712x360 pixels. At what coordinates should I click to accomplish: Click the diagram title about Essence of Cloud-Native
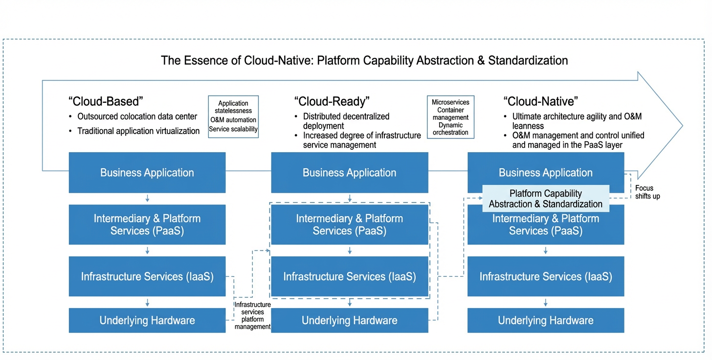pyautogui.click(x=364, y=61)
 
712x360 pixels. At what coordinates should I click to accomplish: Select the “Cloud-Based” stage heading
pyautogui.click(x=106, y=101)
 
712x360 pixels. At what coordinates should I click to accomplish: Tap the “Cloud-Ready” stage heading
pyautogui.click(x=332, y=101)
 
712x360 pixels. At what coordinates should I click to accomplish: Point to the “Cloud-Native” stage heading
pyautogui.click(x=541, y=101)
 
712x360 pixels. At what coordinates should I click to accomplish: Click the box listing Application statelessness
pyautogui.click(x=233, y=117)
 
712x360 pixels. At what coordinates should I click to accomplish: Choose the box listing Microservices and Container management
pyautogui.click(x=450, y=117)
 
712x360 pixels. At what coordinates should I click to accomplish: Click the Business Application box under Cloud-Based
pyautogui.click(x=147, y=172)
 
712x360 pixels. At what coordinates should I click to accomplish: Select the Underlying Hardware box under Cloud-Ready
pyautogui.click(x=350, y=320)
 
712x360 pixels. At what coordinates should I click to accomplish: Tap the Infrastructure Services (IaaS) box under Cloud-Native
pyautogui.click(x=546, y=276)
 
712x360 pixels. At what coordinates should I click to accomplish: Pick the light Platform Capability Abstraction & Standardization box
pyautogui.click(x=546, y=199)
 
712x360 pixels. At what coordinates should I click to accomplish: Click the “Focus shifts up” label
pyautogui.click(x=647, y=192)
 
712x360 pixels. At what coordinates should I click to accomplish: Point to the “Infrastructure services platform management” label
pyautogui.click(x=253, y=315)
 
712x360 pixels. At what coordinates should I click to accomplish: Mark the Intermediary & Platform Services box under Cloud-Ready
pyautogui.click(x=350, y=225)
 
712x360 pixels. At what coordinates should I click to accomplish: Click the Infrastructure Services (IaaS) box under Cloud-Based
pyautogui.click(x=147, y=276)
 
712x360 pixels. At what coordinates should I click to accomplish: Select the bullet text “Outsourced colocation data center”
pyautogui.click(x=137, y=116)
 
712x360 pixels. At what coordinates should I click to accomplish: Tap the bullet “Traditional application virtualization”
pyautogui.click(x=138, y=131)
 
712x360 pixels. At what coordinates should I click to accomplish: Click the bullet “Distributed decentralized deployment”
pyautogui.click(x=346, y=121)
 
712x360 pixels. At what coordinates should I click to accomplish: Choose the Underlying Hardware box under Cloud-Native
pyautogui.click(x=546, y=320)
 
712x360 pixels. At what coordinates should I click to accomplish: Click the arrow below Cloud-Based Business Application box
pyautogui.click(x=147, y=199)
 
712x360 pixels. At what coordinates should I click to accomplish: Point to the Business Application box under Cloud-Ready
pyautogui.click(x=350, y=172)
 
